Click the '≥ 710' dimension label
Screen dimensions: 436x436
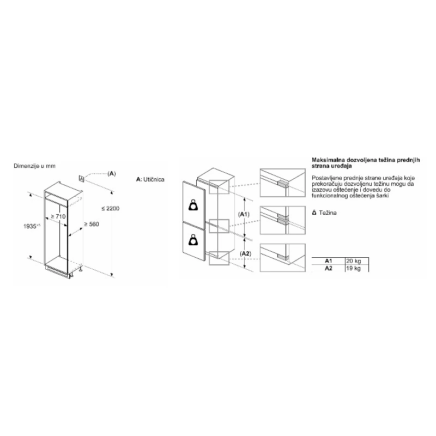58,216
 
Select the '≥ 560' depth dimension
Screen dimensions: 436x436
92,224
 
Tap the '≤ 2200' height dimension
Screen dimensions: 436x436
111,208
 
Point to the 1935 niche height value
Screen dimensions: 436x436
32,226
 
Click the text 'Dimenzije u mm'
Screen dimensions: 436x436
34,166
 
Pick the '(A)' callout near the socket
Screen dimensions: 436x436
112,174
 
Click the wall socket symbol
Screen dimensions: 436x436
81,179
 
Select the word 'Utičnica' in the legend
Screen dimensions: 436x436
154,179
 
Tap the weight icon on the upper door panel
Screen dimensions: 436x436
193,205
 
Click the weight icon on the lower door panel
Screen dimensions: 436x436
193,240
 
